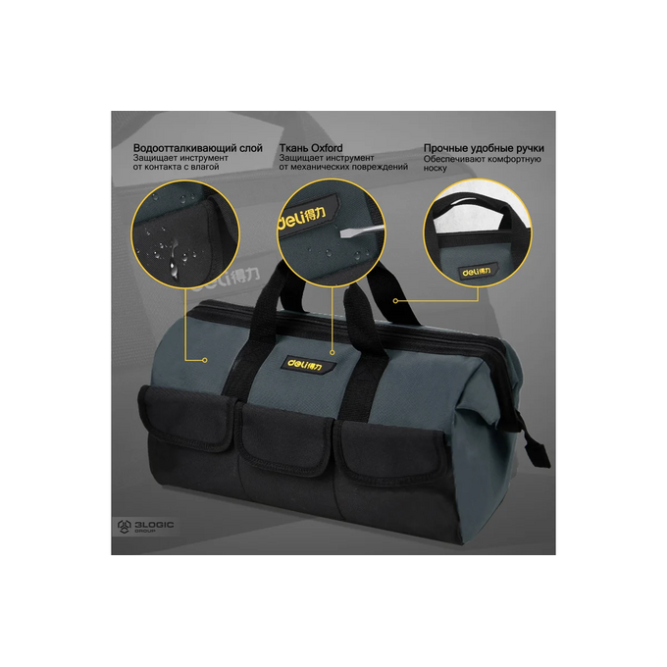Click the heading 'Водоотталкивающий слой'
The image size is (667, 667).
198,148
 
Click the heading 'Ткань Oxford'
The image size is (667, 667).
311,148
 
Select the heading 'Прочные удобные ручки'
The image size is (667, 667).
484,148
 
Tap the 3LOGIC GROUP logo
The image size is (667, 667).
145,526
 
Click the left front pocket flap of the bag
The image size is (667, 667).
186,418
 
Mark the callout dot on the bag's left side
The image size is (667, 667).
205,360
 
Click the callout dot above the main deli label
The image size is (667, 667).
333,353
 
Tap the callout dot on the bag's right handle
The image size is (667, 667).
395,301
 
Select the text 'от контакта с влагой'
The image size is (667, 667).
177,167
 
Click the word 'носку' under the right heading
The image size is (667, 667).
436,169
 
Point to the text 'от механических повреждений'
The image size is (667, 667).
343,167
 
